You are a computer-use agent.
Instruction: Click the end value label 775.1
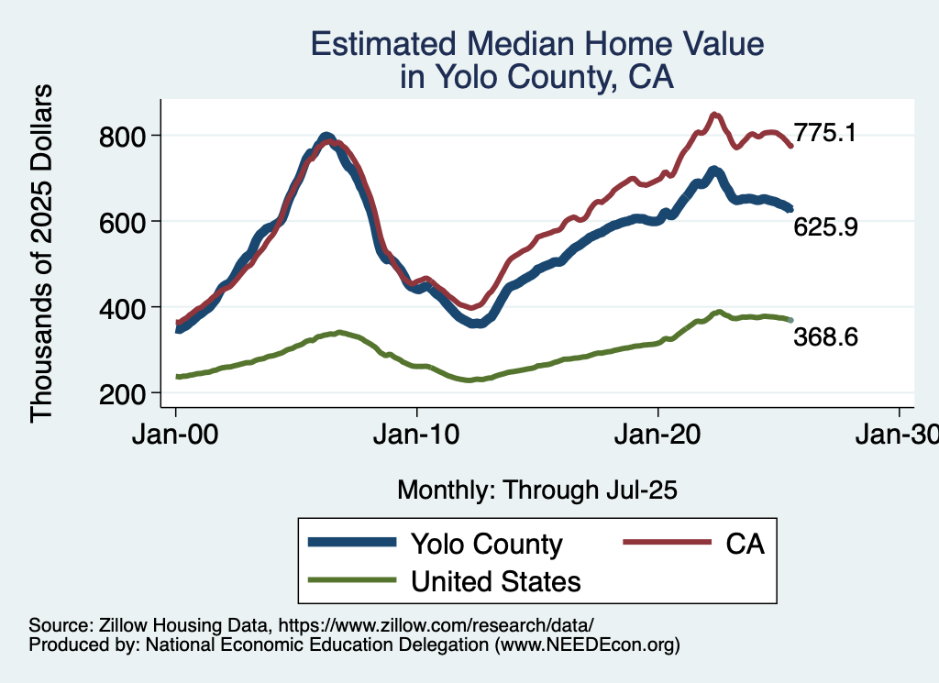(825, 133)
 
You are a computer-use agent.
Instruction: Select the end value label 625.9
(825, 226)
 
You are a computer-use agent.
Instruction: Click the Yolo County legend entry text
(486, 544)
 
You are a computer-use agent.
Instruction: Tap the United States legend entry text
(496, 580)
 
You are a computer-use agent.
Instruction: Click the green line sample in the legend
(352, 580)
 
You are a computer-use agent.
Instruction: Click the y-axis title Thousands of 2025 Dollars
(42, 253)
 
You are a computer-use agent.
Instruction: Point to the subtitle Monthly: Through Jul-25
(537, 490)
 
